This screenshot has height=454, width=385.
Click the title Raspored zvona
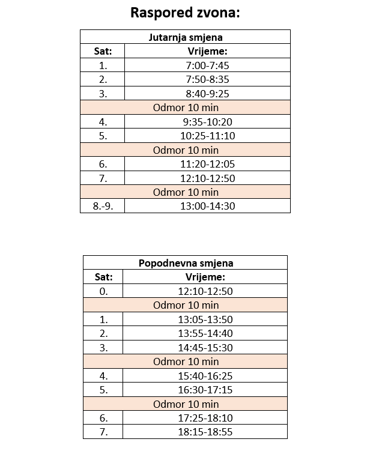(185, 13)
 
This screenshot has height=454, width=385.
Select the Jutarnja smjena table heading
(185, 37)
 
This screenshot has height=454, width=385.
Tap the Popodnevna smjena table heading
(186, 263)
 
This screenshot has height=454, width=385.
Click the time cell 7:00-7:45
(207, 65)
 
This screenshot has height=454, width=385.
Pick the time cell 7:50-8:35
(207, 79)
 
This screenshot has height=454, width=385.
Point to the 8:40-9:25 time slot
(207, 94)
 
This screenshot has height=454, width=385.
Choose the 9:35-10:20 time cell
(207, 122)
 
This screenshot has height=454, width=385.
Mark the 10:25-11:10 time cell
(207, 136)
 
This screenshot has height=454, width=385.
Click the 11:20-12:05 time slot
(207, 164)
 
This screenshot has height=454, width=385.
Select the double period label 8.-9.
(103, 206)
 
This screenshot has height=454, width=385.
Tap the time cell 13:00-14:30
(207, 206)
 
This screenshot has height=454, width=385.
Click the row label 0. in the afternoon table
(103, 291)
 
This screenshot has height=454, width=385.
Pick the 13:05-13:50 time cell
(205, 319)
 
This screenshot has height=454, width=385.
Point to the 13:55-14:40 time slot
(205, 333)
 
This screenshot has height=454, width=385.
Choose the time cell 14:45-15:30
(205, 348)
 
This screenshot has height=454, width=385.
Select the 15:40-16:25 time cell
(205, 376)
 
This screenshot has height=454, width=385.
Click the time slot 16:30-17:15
(205, 390)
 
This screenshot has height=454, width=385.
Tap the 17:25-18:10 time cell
(205, 418)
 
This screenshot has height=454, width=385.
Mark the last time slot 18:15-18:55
(205, 432)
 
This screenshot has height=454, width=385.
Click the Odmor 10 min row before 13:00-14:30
(186, 192)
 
